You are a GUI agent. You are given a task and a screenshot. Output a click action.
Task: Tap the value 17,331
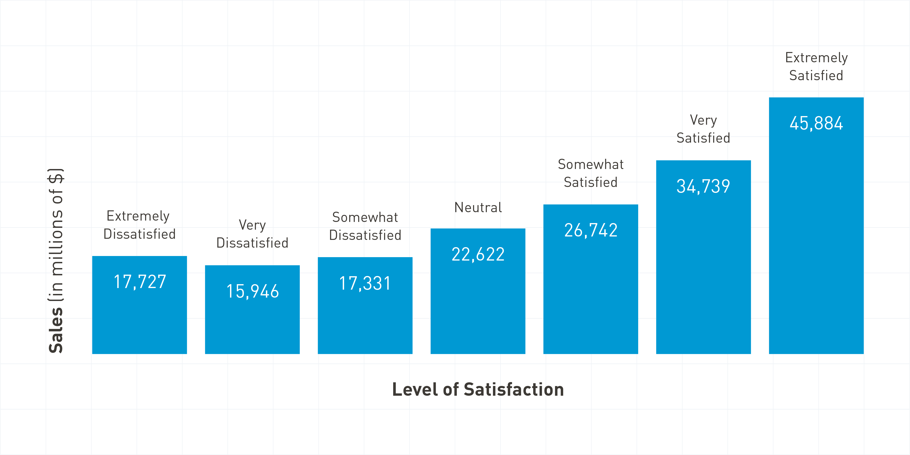tap(365, 283)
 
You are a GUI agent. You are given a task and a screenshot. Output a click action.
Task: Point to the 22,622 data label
tap(478, 254)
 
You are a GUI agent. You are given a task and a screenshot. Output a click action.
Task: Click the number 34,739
tap(703, 186)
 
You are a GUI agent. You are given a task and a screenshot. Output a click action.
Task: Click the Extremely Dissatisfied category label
tap(139, 225)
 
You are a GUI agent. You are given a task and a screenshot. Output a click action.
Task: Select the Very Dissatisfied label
tap(252, 234)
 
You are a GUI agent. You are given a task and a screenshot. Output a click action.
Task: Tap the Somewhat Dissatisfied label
tap(365, 226)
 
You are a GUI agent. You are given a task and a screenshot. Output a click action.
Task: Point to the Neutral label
tap(478, 208)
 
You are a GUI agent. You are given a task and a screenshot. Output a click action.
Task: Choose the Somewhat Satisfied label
tap(591, 173)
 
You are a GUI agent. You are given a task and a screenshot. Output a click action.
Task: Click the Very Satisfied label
tap(703, 129)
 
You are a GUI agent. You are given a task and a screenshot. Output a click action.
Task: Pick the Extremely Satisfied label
tap(816, 66)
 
